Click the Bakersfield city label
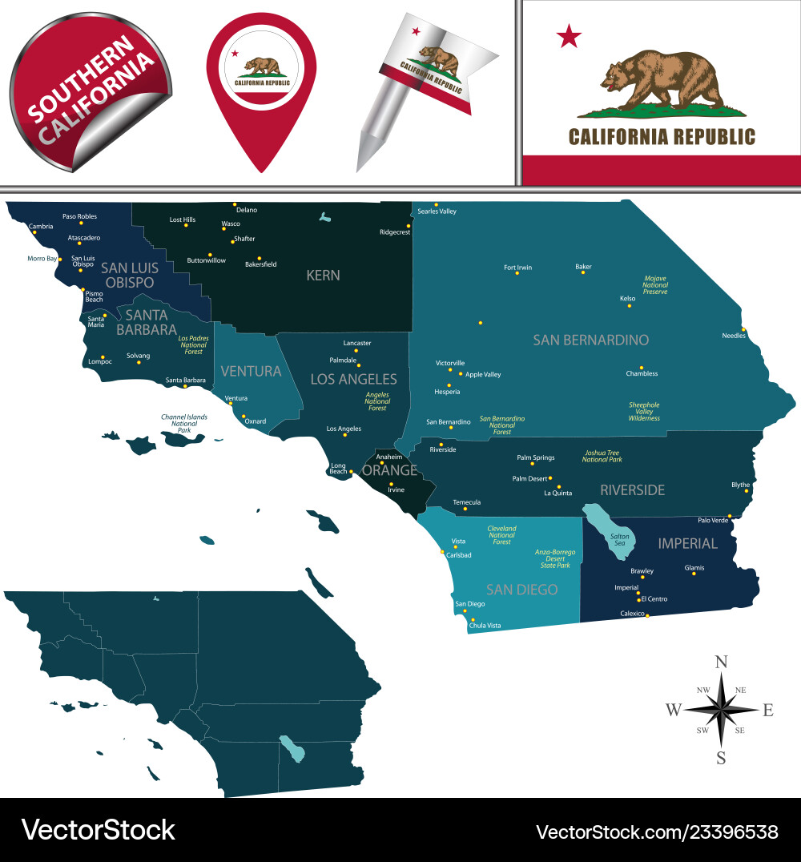[x=260, y=264]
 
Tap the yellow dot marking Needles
[x=744, y=328]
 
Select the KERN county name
[x=323, y=275]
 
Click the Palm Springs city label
[x=535, y=457]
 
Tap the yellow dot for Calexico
[x=647, y=615]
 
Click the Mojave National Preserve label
[x=655, y=285]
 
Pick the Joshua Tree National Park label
[x=602, y=456]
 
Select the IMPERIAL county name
[x=687, y=543]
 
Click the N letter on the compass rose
[x=721, y=661]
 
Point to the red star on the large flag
[x=570, y=35]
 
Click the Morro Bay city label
[x=42, y=259]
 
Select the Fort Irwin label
[x=517, y=268]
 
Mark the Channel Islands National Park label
[x=184, y=424]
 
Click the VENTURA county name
[x=251, y=371]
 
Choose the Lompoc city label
[x=100, y=361]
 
